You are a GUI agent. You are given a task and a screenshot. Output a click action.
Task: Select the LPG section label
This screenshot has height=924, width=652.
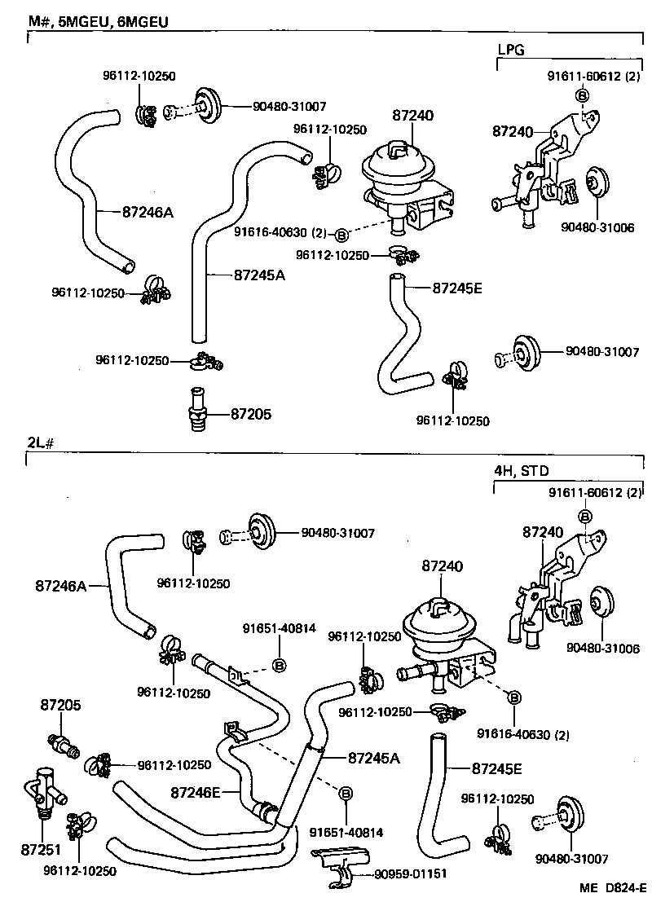pyautogui.click(x=511, y=49)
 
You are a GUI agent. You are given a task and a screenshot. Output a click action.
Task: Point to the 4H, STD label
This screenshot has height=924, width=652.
pyautogui.click(x=522, y=470)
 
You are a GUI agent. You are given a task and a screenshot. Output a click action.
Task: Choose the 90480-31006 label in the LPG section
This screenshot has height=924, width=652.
pyautogui.click(x=598, y=227)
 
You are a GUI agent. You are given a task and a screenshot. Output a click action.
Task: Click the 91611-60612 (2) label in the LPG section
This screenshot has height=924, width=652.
pyautogui.click(x=593, y=77)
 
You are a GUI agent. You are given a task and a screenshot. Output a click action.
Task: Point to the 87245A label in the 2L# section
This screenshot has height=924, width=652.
pyautogui.click(x=374, y=758)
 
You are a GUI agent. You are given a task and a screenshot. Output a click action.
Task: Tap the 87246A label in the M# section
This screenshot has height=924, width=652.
pyautogui.click(x=148, y=212)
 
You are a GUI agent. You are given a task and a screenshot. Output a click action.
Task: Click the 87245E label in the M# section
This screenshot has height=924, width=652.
pyautogui.click(x=459, y=287)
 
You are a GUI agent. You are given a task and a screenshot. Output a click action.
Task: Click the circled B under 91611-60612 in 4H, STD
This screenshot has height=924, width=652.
pyautogui.click(x=584, y=516)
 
